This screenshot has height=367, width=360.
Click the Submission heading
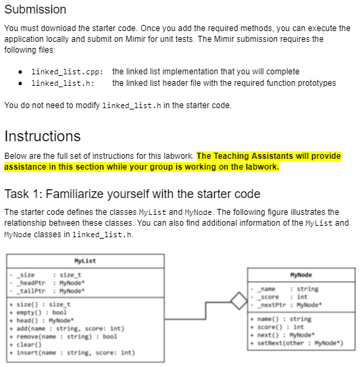tap(35, 9)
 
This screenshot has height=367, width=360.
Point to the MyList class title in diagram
tap(85, 261)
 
